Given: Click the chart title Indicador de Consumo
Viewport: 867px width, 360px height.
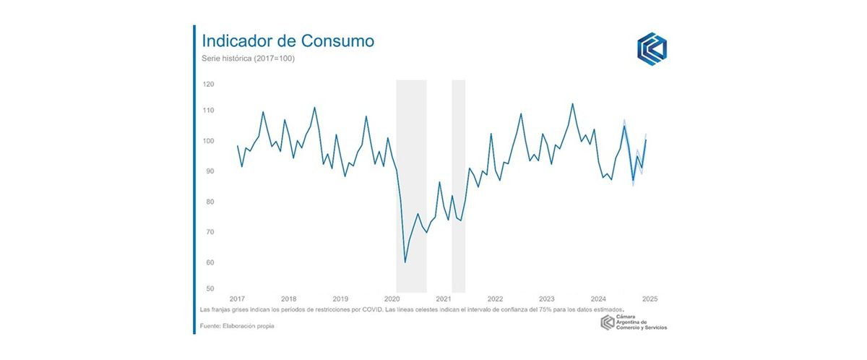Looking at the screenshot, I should click(288, 40).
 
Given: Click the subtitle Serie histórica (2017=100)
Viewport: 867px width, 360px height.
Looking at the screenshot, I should click(248, 59).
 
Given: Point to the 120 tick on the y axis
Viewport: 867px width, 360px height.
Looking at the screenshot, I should click(209, 84).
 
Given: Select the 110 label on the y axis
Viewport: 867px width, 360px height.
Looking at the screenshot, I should click(209, 111).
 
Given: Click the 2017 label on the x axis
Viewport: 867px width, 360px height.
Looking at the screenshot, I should click(237, 299).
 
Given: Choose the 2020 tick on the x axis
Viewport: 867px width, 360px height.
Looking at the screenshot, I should click(392, 299).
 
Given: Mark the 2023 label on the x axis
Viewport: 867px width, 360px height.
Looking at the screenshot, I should click(547, 299).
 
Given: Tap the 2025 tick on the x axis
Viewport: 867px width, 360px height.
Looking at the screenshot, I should click(650, 299).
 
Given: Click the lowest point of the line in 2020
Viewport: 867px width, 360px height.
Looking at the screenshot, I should click(405, 262).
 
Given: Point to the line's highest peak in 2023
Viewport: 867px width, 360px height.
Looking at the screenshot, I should click(573, 103).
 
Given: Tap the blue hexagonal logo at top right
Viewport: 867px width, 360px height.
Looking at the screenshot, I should click(652, 48).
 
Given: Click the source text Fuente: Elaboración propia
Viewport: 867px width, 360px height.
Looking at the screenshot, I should click(237, 327).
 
